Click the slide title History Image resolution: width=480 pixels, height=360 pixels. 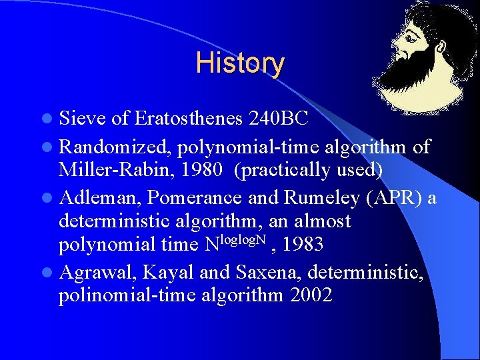click(240, 63)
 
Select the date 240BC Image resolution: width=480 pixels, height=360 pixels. click(278, 119)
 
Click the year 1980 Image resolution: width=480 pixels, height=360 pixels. click(206, 170)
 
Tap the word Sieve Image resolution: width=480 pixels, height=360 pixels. click(83, 119)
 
